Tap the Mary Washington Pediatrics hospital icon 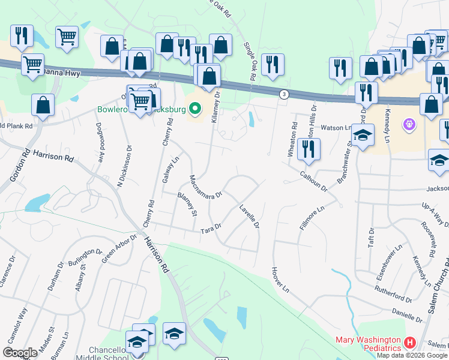411,343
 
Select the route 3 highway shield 283,94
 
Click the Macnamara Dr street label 206,187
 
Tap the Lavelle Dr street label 249,217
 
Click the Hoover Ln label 280,280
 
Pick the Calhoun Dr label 313,179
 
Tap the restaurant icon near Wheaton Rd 309,150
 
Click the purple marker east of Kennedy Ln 410,125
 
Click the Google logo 20,353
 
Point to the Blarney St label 187,203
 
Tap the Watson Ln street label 339,127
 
